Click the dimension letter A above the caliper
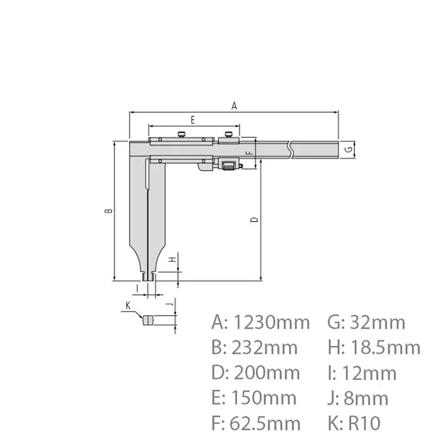pyautogui.click(x=234, y=106)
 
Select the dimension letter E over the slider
pyautogui.click(x=193, y=119)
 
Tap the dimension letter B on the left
pyautogui.click(x=108, y=211)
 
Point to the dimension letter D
pyautogui.click(x=253, y=219)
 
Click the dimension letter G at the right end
pyautogui.click(x=347, y=149)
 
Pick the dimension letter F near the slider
pyautogui.click(x=248, y=152)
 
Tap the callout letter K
pyautogui.click(x=127, y=305)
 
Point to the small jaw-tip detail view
pyautogui.click(x=149, y=320)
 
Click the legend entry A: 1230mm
pyautogui.click(x=261, y=323)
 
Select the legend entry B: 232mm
pyautogui.click(x=255, y=348)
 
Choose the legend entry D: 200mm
pyautogui.click(x=256, y=373)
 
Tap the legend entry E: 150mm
pyautogui.click(x=255, y=398)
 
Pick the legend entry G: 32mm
pyautogui.click(x=366, y=323)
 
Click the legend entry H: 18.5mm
pyautogui.click(x=374, y=348)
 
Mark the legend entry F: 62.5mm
pyautogui.click(x=256, y=423)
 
